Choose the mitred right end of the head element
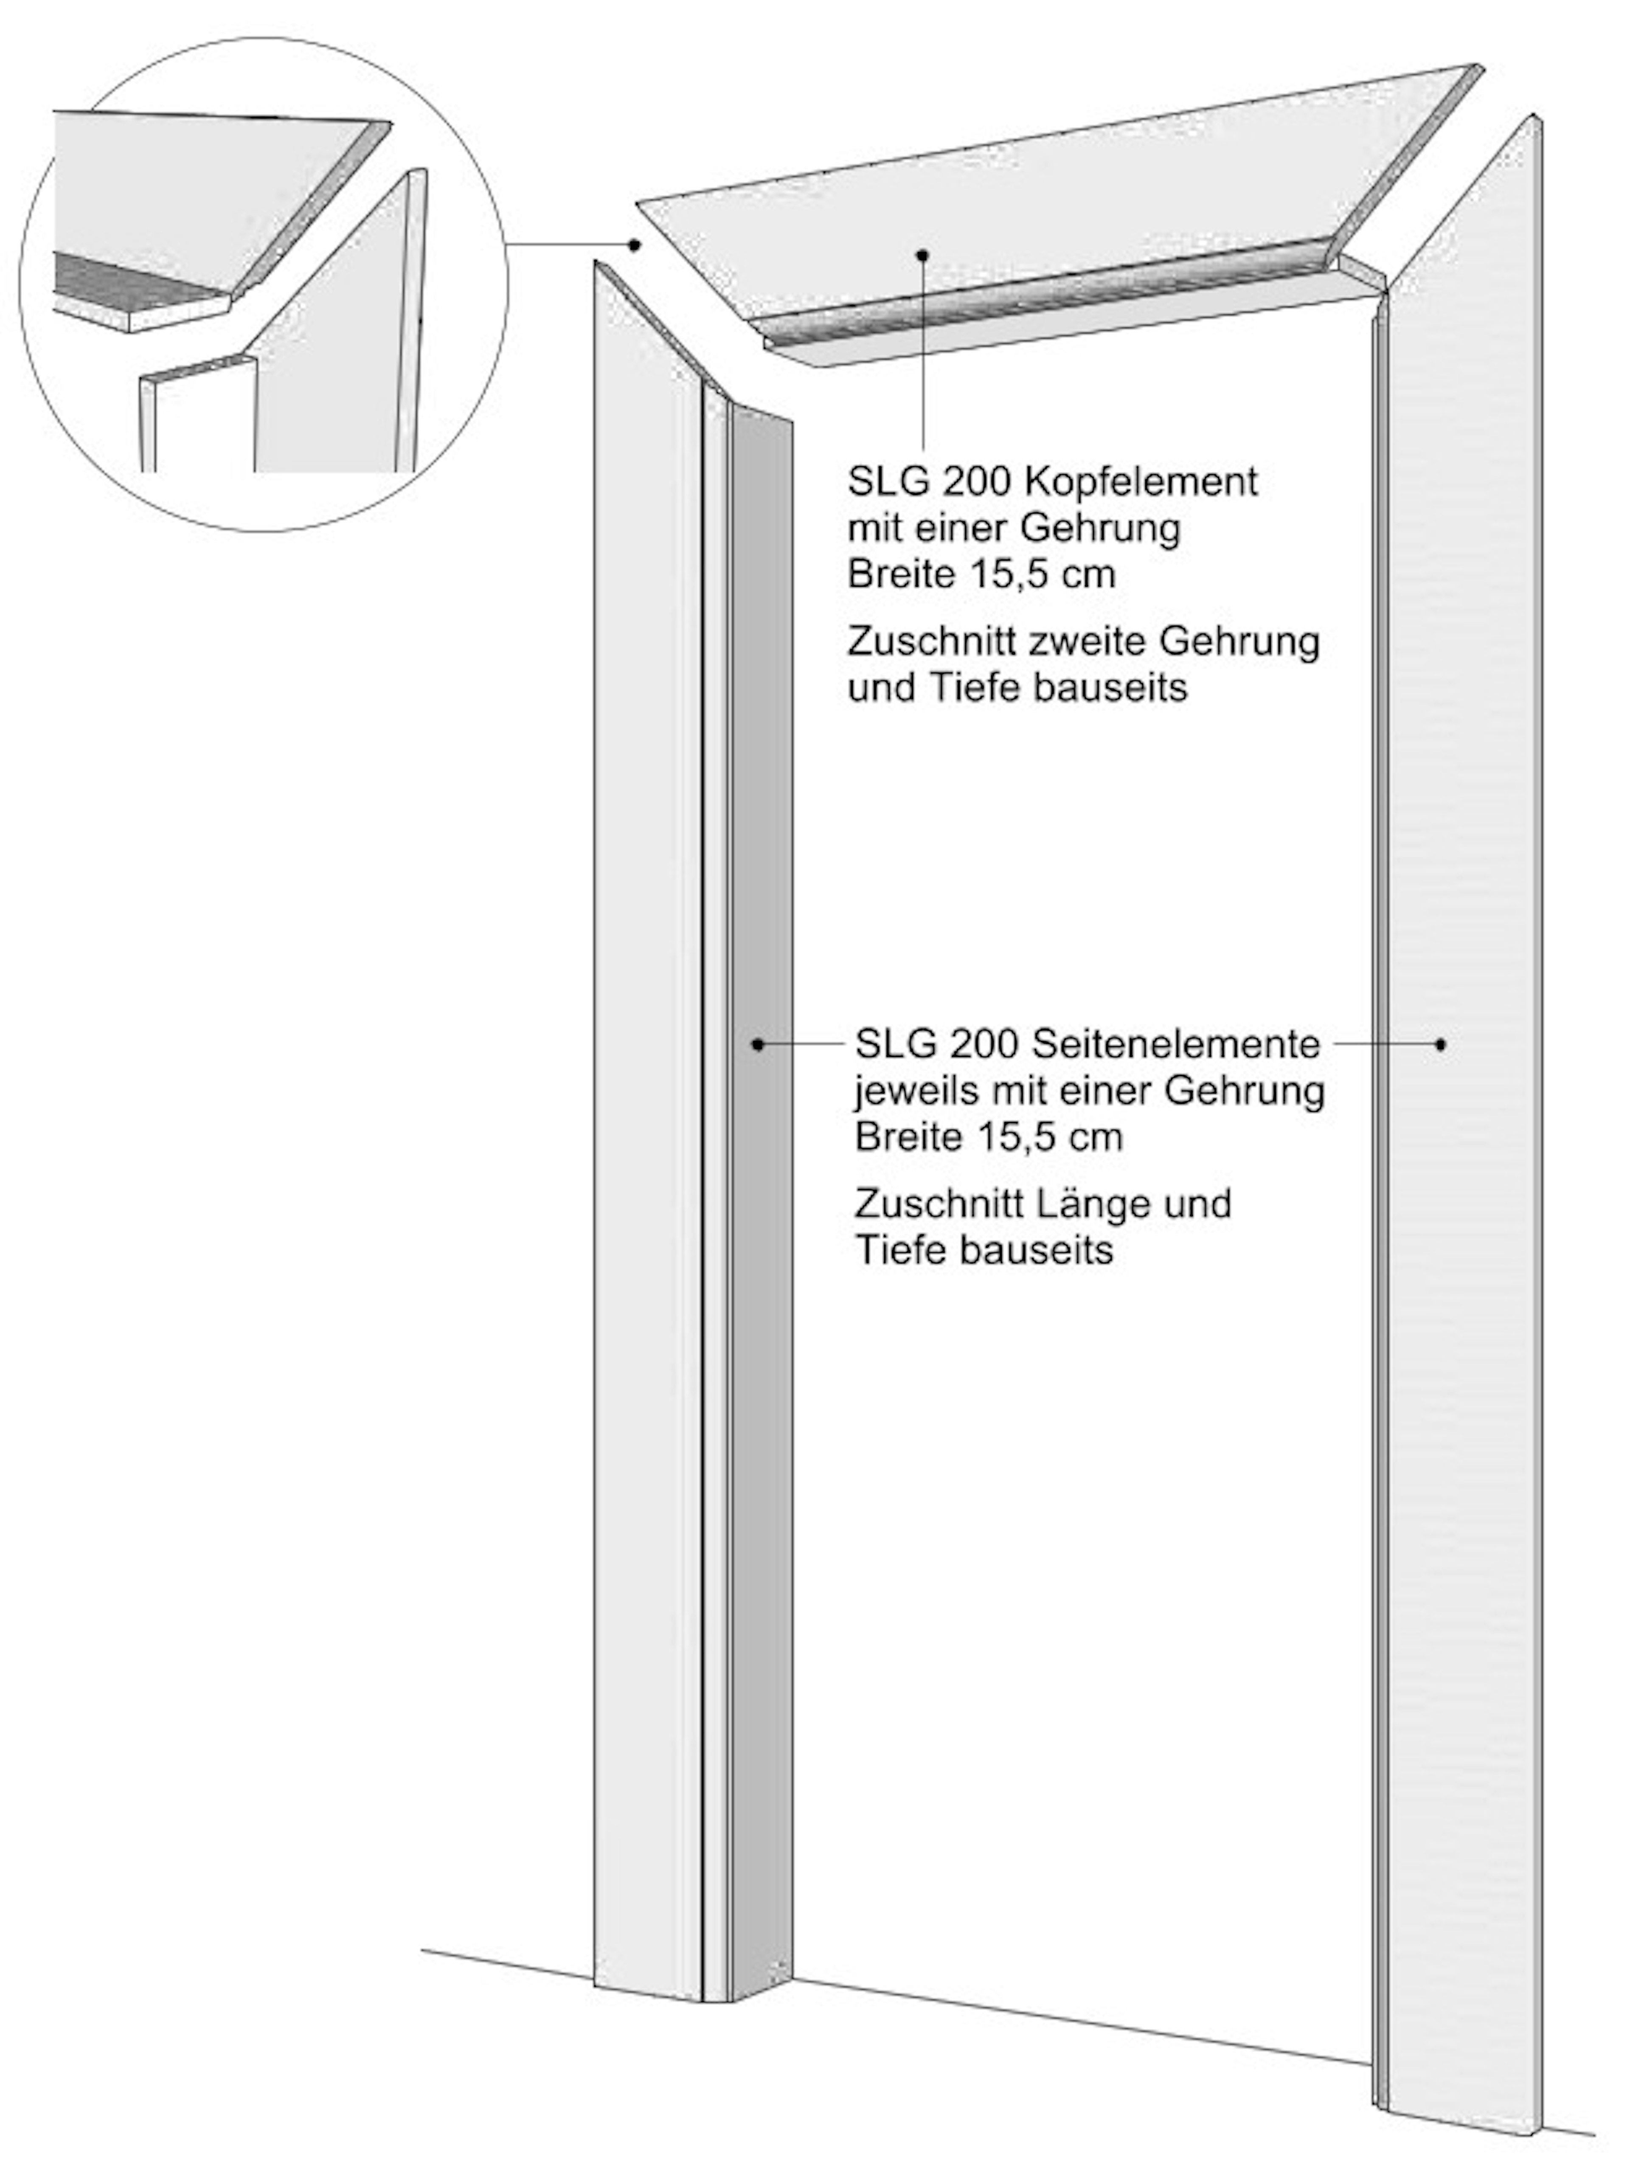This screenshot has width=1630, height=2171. (1403, 167)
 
